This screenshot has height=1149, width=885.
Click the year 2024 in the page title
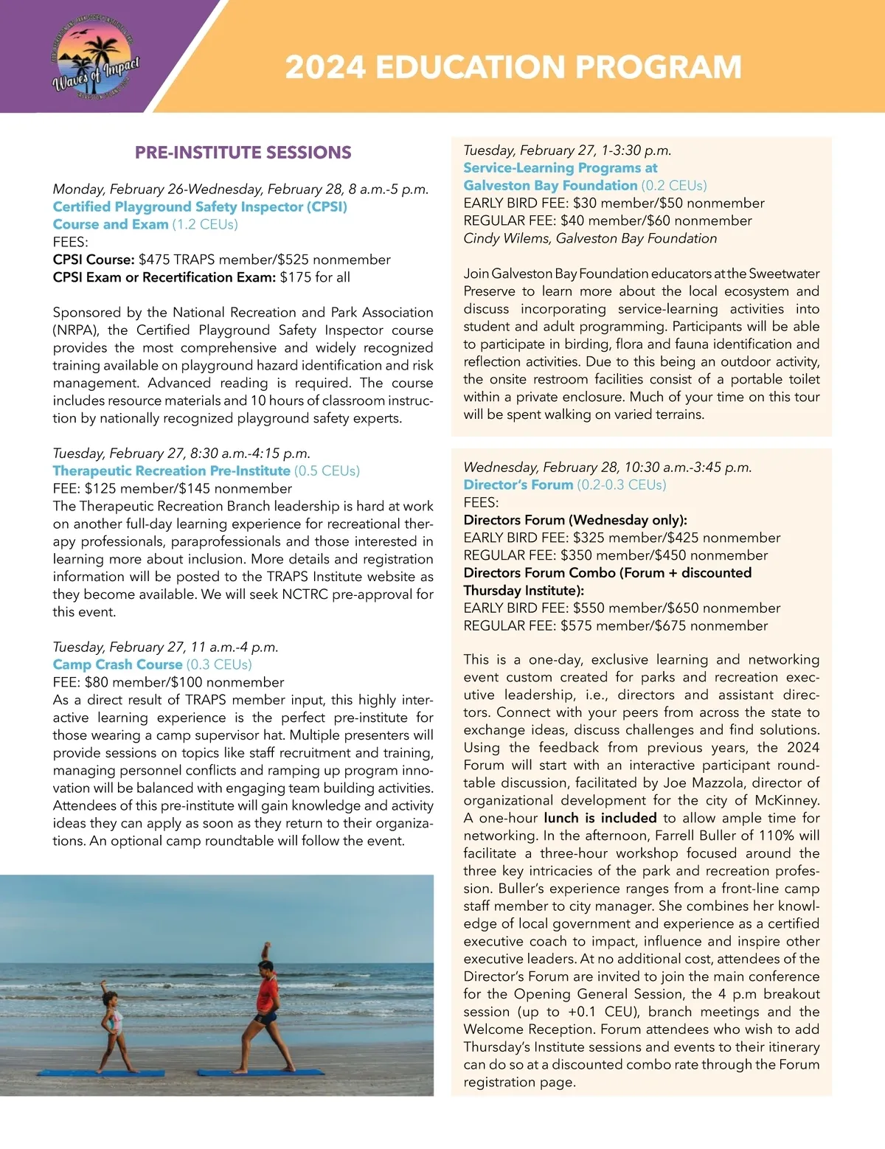(325, 67)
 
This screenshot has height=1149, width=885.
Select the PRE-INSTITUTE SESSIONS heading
(243, 153)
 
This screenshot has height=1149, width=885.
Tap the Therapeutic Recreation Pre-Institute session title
(171, 471)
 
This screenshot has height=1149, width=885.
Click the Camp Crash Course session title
(117, 664)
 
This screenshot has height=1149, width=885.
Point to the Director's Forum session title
(518, 485)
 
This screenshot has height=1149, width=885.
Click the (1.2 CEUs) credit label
(205, 224)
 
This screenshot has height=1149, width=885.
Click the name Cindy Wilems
(507, 238)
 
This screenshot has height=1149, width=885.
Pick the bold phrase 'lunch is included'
(600, 818)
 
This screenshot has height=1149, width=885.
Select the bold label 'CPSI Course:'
(93, 260)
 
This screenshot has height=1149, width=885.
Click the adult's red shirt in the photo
(268, 993)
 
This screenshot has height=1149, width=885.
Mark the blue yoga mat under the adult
(280, 1072)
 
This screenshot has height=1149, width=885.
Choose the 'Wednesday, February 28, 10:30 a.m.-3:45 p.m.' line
(608, 467)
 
